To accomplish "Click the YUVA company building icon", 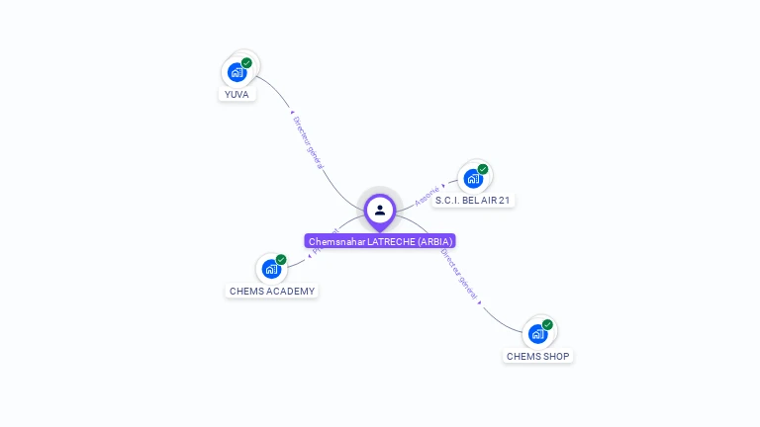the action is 237,72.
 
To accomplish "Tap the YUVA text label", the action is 237,95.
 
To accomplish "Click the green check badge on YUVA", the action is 246,63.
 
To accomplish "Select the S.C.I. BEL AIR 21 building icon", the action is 473,179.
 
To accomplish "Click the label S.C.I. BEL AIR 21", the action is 473,201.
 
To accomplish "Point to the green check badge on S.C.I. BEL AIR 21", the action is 483,169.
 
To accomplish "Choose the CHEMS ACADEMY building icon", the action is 271,269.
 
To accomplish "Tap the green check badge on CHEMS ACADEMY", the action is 281,260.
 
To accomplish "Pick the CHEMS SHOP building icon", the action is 537,334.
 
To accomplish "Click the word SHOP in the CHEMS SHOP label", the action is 556,356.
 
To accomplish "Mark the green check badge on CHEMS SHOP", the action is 547,324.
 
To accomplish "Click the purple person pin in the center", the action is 380,211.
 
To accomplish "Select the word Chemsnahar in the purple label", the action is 336,241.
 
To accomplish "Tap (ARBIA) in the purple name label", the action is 435,241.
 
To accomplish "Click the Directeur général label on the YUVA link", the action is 308,142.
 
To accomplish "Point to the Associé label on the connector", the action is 427,196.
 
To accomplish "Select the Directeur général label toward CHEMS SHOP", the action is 459,273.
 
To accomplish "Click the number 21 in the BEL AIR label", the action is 505,201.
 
